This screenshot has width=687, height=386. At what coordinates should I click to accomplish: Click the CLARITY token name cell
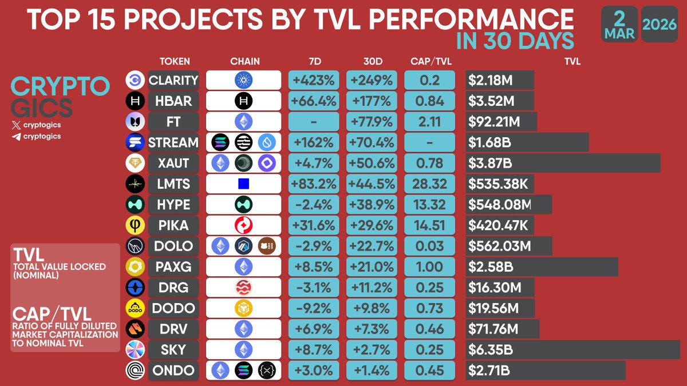[173, 80]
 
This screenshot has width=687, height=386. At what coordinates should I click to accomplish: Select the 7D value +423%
[314, 80]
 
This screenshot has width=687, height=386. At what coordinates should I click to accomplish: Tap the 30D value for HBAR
[372, 101]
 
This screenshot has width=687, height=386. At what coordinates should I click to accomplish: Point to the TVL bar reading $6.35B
[572, 349]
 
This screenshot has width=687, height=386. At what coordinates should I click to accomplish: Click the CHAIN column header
[244, 61]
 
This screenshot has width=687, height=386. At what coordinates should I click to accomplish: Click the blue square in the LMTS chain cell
[243, 184]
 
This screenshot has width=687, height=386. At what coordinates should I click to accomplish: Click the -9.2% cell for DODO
[314, 308]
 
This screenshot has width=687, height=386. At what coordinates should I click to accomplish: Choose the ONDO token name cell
[173, 370]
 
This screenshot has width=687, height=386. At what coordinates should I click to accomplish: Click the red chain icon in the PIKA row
[243, 225]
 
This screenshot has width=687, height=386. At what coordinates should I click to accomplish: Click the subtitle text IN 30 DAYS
[515, 41]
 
